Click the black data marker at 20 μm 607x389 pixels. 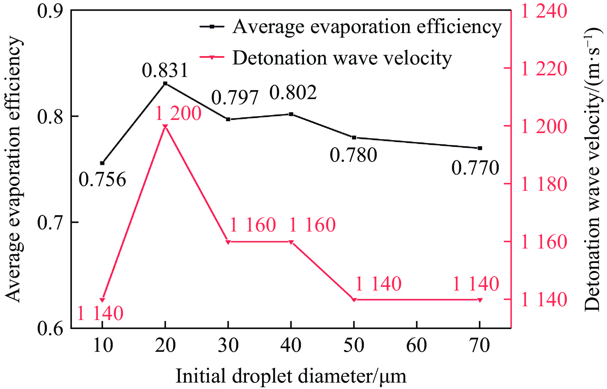[x=165, y=84]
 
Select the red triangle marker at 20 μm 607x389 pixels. [x=165, y=127]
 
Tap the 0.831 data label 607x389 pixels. [x=165, y=70]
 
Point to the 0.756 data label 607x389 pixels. [x=102, y=179]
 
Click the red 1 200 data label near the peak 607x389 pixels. [x=178, y=114]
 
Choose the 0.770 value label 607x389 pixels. [x=475, y=168]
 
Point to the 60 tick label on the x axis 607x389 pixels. [x=417, y=345]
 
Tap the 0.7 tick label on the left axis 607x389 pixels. [x=50, y=222]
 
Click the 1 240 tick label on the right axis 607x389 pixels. [x=544, y=11]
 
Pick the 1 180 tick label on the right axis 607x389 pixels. [x=544, y=184]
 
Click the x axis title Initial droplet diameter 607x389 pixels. [x=291, y=376]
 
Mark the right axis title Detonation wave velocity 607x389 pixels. [x=592, y=169]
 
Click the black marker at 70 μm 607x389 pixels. [x=480, y=148]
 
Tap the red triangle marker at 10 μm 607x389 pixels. [x=102, y=300]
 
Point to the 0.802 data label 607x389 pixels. [x=293, y=93]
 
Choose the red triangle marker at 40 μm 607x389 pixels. [x=291, y=242]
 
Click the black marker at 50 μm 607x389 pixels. [x=354, y=138]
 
